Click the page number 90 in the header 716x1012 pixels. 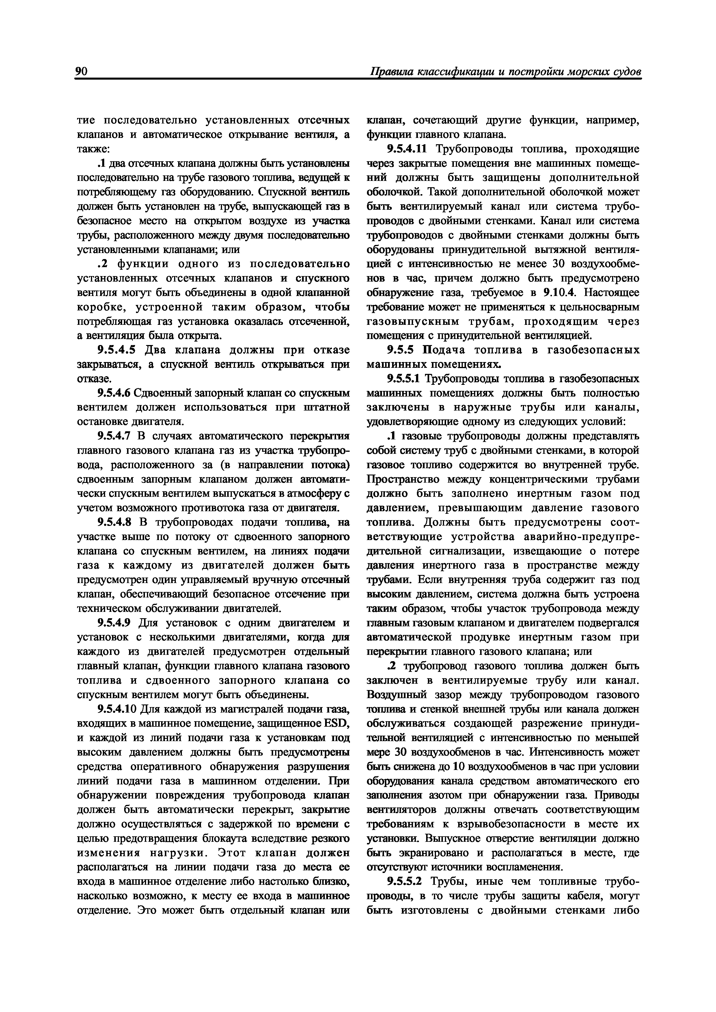tap(82, 72)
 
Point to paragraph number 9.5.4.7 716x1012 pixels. tap(114, 436)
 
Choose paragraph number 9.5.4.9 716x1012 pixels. tap(114, 623)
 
